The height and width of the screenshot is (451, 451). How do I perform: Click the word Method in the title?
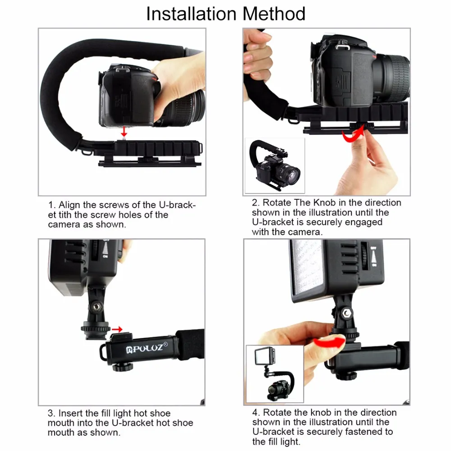point(274,14)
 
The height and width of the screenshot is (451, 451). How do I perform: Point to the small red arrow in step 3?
point(118,329)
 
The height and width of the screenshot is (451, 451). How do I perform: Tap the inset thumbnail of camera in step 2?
point(275,166)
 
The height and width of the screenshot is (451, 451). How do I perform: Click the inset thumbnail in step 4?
point(275,373)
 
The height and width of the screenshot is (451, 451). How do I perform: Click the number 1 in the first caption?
point(51,205)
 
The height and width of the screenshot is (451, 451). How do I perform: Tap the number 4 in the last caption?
point(255,412)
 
